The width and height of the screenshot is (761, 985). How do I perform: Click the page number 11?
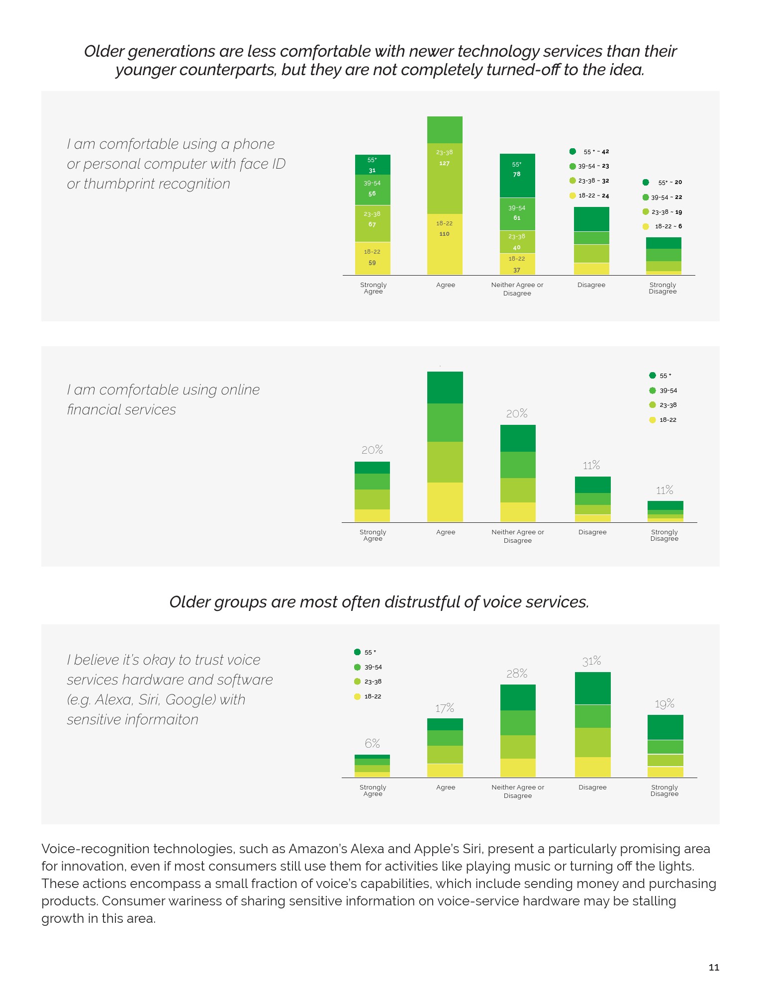click(x=714, y=967)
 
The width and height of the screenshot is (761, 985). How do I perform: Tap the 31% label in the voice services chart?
click(x=592, y=661)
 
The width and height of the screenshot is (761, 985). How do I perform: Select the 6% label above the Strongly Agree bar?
click(x=372, y=743)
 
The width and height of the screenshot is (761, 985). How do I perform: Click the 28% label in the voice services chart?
click(x=517, y=674)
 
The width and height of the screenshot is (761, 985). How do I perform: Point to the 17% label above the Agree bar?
click(x=445, y=708)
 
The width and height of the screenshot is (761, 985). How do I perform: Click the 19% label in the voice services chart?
click(x=665, y=704)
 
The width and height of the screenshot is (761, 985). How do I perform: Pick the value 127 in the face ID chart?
click(x=445, y=163)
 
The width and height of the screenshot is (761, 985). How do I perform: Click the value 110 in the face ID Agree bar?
click(x=445, y=234)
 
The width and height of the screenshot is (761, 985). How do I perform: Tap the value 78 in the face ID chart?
click(x=517, y=174)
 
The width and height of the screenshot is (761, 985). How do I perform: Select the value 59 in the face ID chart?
click(x=372, y=263)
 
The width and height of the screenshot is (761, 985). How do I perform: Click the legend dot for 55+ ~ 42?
click(x=573, y=151)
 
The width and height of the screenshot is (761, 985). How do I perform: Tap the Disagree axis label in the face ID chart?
click(x=591, y=285)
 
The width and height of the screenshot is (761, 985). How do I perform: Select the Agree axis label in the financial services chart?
click(x=446, y=532)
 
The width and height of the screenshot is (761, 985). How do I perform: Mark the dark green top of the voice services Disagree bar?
click(x=592, y=688)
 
